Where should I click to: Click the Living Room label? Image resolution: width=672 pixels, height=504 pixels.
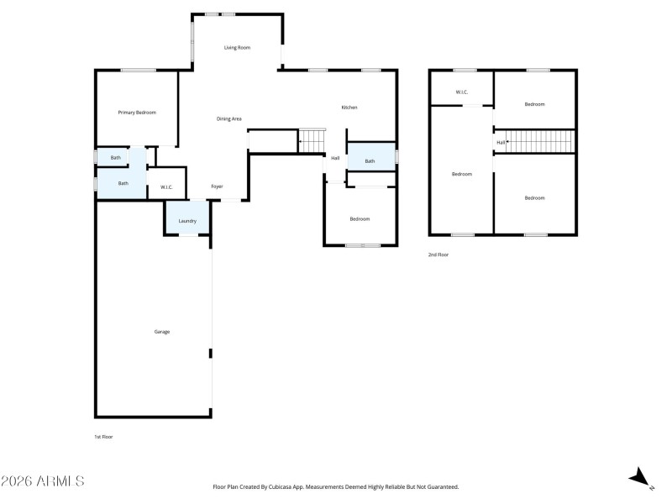tap(237, 48)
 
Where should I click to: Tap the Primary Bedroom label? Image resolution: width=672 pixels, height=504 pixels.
tap(136, 113)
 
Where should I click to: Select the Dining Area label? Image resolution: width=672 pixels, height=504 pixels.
tap(229, 119)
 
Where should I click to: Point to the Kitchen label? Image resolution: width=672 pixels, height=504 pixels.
tap(349, 108)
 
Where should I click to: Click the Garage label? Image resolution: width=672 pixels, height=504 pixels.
tap(161, 332)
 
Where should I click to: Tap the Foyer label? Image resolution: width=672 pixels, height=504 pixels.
tap(217, 186)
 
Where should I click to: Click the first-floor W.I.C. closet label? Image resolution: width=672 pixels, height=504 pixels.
tap(166, 187)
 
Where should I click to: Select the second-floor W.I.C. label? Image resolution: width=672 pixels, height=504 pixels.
tap(461, 92)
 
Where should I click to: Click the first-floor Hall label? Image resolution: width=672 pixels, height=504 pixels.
tap(335, 158)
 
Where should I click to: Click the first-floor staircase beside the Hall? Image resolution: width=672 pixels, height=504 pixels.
tap(312, 141)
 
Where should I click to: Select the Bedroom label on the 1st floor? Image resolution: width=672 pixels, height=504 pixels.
tap(360, 219)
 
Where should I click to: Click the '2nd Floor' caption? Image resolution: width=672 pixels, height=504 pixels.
tap(438, 254)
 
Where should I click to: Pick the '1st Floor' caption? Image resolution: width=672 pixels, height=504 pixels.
tap(104, 438)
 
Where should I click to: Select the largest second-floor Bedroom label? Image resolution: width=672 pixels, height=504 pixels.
tap(461, 174)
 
